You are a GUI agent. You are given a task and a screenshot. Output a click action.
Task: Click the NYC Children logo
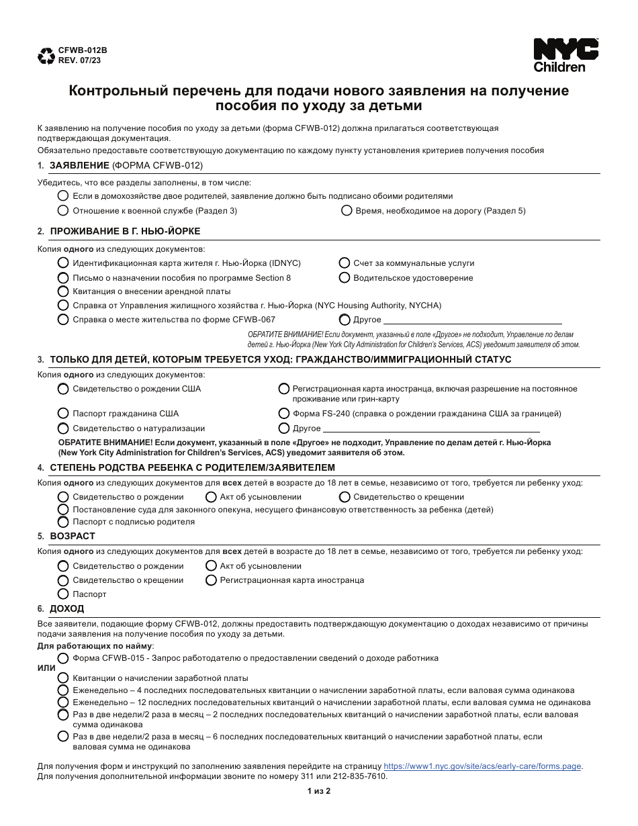click(565, 55)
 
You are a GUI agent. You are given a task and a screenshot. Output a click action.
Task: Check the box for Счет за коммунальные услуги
click(345, 263)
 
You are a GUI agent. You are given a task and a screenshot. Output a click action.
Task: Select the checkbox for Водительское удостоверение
click(345, 277)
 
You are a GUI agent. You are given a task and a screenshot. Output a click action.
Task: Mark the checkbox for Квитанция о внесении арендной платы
click(63, 291)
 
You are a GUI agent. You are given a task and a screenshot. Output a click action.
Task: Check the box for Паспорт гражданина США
click(63, 414)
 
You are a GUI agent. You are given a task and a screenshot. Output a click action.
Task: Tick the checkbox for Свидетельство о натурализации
click(63, 428)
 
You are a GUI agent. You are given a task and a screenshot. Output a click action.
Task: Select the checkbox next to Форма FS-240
click(284, 414)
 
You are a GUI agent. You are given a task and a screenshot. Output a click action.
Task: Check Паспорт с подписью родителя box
click(63, 522)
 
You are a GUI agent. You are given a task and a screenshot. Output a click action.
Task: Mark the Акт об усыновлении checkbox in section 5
click(211, 566)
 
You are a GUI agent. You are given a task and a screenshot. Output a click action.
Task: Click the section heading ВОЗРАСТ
click(73, 536)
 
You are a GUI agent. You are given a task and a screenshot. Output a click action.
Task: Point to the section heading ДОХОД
click(67, 608)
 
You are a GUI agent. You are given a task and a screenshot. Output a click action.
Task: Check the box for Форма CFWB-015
click(63, 658)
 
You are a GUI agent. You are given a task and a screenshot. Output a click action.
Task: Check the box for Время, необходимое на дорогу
click(347, 210)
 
